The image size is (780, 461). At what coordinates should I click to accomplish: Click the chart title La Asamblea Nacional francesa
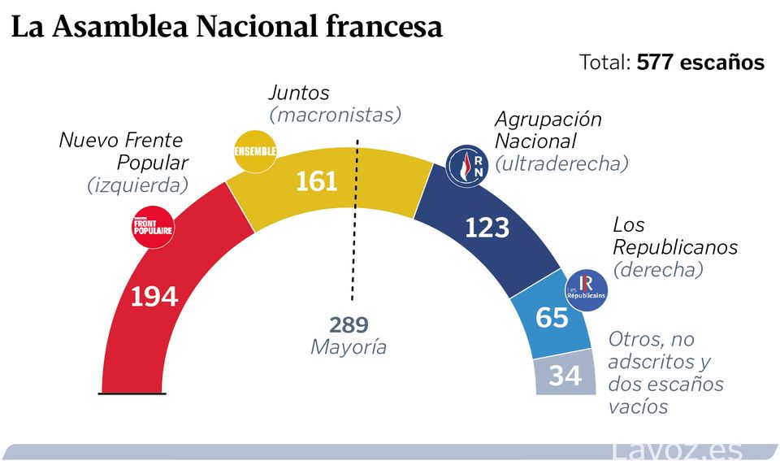(227, 28)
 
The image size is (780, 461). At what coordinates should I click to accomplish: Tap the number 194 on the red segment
(154, 296)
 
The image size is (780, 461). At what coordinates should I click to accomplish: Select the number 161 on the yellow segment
(316, 180)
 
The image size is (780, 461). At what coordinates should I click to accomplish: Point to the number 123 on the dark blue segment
(487, 228)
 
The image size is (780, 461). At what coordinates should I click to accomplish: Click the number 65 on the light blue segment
(552, 317)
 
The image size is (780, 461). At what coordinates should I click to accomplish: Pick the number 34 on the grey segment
(565, 376)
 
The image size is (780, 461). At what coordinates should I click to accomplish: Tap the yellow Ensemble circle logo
(255, 151)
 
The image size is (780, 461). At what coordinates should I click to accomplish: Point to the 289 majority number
(349, 325)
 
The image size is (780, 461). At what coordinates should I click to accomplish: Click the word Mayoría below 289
(349, 347)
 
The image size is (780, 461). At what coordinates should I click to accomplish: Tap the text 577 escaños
(700, 63)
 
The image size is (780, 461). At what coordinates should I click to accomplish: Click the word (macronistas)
(335, 115)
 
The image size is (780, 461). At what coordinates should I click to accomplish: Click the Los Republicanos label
(674, 236)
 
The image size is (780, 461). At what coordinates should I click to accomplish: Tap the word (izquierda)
(137, 185)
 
